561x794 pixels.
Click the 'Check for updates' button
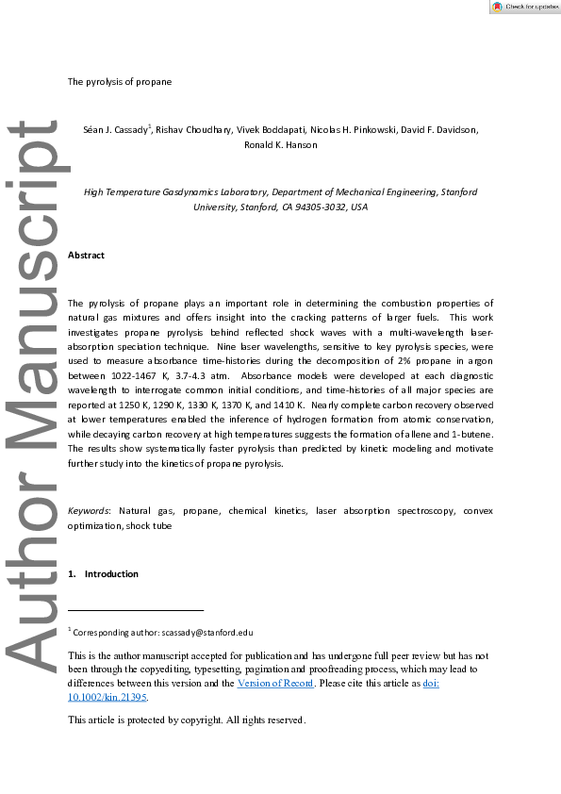[525, 7]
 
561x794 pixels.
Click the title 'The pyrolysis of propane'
[119, 81]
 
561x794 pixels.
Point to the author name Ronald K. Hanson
[280, 145]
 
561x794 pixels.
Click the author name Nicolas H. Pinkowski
[348, 129]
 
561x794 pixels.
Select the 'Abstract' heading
[86, 256]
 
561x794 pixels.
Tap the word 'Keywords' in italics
[88, 510]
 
